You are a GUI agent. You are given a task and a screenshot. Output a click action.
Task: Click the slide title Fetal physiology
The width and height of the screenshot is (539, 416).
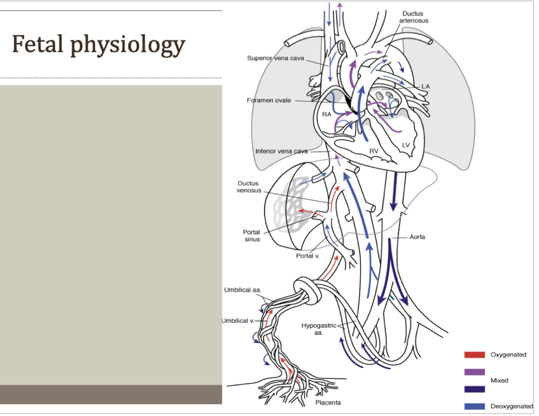tap(98, 45)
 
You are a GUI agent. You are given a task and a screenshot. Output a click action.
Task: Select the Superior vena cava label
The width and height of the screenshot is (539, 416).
tap(275, 58)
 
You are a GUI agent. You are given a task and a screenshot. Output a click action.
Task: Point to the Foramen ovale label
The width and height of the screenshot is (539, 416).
tap(269, 101)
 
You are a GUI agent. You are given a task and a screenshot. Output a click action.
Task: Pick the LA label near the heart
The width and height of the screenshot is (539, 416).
tap(426, 86)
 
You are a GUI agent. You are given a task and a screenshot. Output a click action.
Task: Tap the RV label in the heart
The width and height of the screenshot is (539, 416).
tap(374, 151)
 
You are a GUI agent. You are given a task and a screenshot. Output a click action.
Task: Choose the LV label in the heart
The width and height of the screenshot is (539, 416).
tap(405, 145)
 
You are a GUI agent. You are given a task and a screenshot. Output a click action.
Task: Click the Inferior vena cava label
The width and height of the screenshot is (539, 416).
tap(281, 151)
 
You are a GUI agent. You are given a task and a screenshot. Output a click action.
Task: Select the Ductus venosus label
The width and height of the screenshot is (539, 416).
tap(249, 187)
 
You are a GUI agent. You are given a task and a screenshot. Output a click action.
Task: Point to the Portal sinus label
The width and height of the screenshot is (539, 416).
tap(251, 236)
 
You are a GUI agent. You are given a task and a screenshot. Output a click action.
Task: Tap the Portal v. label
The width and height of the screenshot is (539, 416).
tap(308, 256)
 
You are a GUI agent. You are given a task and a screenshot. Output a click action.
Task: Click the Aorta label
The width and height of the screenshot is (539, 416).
tap(417, 237)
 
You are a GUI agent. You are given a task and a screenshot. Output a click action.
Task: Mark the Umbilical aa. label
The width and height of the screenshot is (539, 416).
tap(243, 290)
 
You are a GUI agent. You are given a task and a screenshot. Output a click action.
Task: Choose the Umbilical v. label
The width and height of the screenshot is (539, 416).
tap(238, 321)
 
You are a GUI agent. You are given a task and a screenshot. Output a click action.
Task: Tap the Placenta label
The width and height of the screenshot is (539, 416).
tap(328, 403)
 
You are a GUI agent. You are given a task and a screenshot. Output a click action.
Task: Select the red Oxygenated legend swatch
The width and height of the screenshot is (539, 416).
tap(474, 355)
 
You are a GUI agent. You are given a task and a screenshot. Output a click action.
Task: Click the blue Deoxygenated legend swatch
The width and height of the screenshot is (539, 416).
tap(474, 406)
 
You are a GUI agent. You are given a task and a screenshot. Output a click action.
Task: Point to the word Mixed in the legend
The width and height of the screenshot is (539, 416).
tap(499, 381)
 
